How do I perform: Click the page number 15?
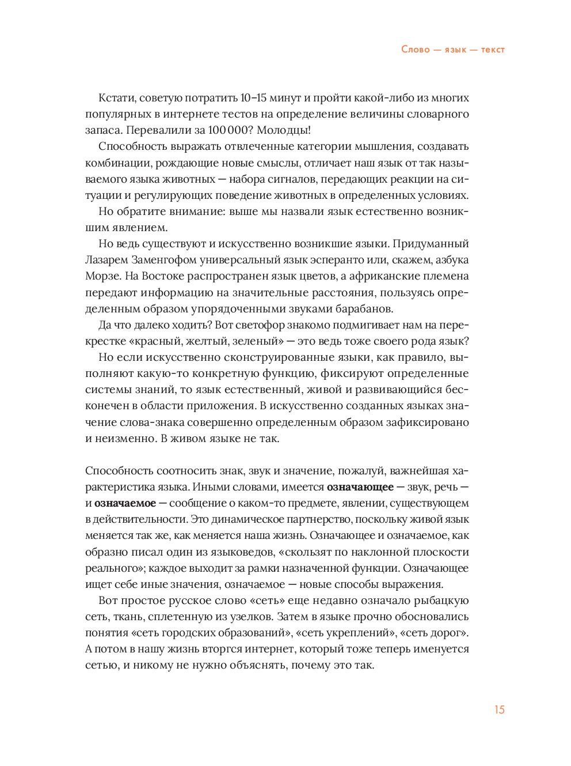[499, 710]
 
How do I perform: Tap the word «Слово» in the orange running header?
[416, 50]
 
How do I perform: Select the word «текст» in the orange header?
[493, 50]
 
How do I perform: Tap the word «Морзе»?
[102, 276]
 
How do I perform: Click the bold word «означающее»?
[360, 487]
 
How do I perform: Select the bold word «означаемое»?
[125, 503]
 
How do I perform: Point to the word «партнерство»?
[309, 519]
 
